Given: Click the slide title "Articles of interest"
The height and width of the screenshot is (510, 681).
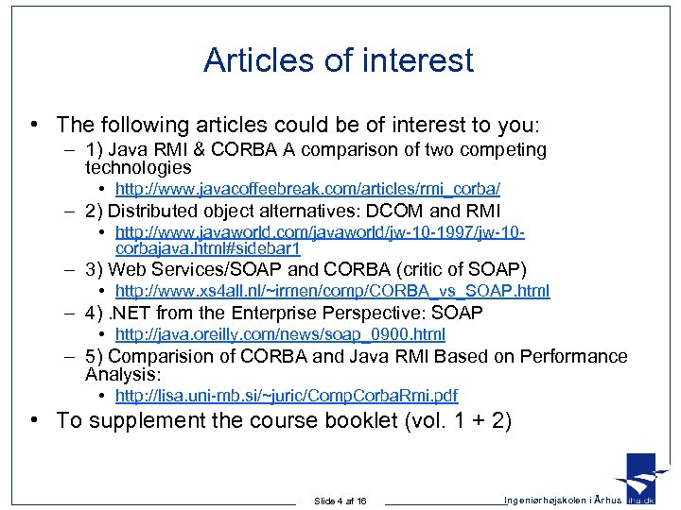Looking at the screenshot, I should click(339, 60).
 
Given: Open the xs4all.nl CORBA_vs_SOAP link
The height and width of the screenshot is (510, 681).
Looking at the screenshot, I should click(332, 292).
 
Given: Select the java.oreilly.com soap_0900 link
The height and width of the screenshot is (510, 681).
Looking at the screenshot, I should click(280, 334).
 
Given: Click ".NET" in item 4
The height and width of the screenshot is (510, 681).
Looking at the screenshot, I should click(132, 313).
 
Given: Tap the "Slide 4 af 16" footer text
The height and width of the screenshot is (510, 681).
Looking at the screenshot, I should click(340, 501).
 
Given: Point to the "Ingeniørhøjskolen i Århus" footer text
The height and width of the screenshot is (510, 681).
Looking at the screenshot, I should click(563, 500).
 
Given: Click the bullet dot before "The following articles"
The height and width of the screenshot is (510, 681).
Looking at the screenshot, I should click(33, 125).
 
